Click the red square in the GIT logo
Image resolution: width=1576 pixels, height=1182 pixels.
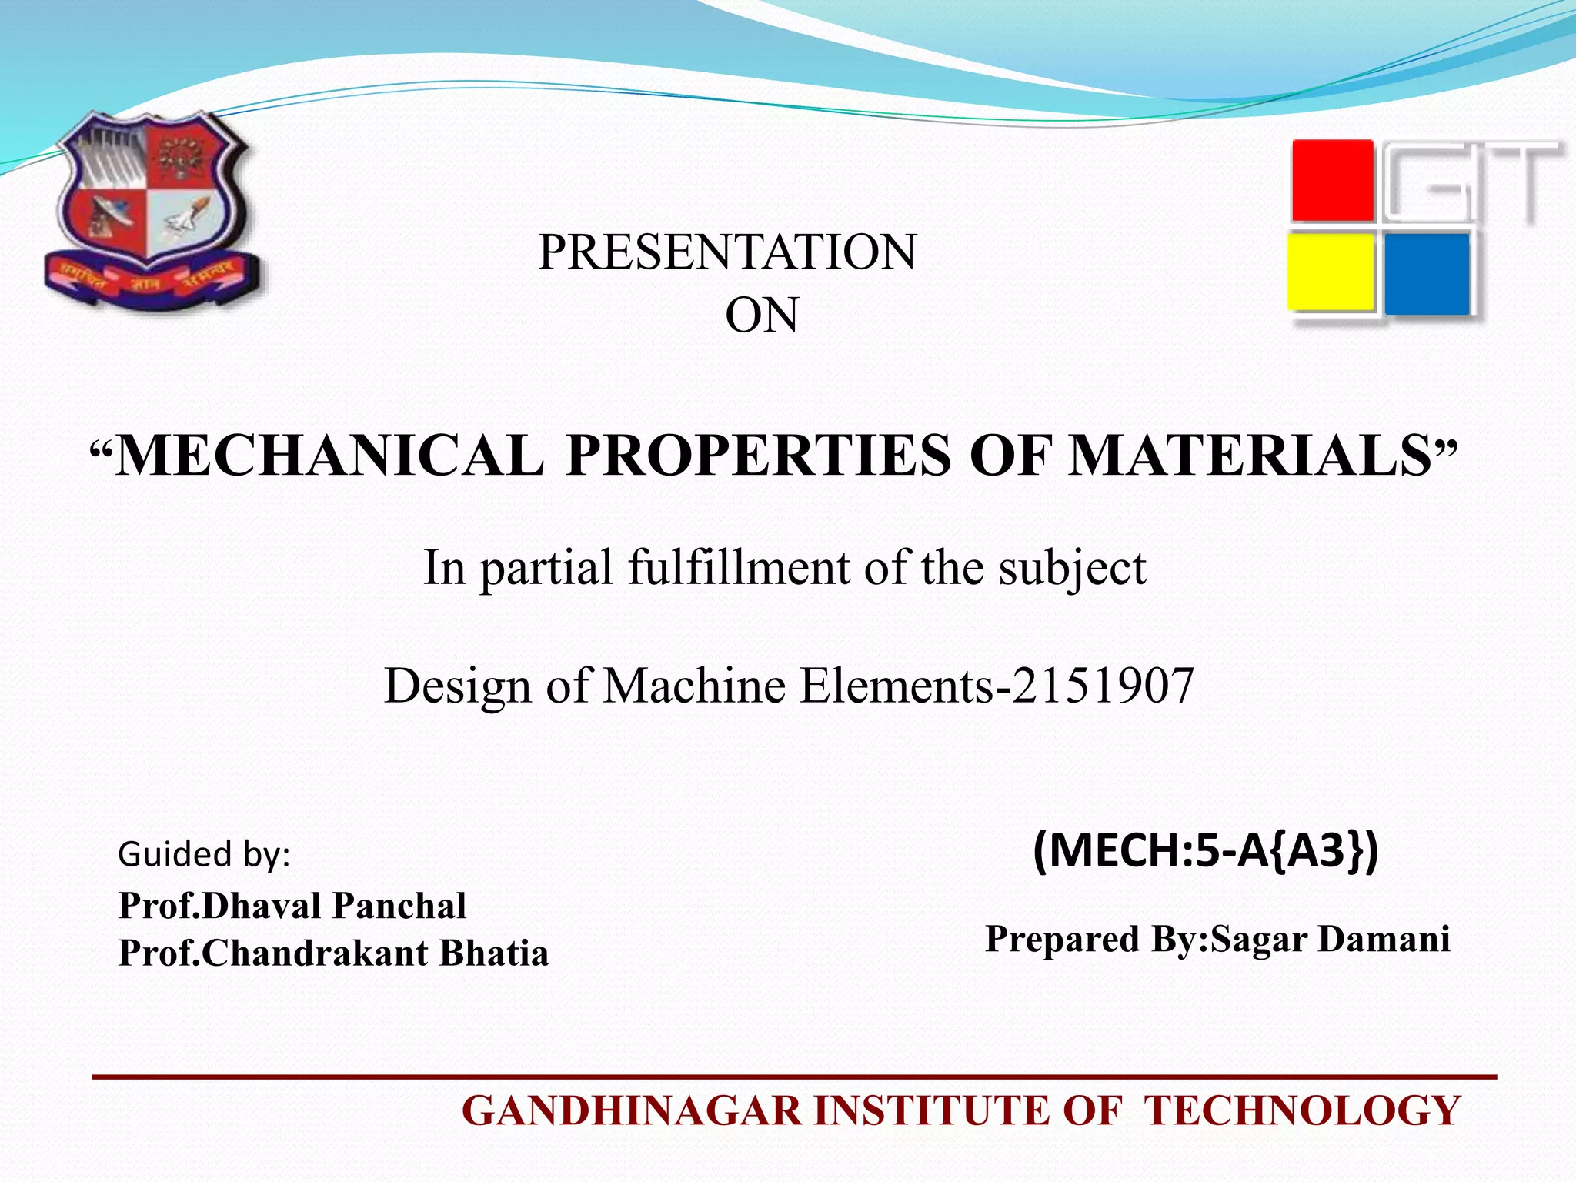coord(1332,181)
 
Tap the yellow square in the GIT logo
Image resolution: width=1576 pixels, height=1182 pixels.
coord(1331,272)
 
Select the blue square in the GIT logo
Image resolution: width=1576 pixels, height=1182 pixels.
coord(1427,274)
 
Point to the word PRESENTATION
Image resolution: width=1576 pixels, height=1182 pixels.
coord(727,252)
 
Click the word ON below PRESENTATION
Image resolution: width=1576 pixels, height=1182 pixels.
coord(762,316)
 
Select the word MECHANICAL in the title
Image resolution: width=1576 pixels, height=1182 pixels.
coord(329,456)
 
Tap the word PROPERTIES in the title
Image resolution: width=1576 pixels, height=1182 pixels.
coord(759,456)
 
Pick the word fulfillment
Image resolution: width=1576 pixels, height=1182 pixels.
coord(739,567)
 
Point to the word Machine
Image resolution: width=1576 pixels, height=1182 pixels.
coord(696,685)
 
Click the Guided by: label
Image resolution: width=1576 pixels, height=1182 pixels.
coord(204,854)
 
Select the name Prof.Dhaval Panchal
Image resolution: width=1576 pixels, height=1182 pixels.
coord(292,906)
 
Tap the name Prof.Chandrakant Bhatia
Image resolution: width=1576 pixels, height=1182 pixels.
coord(333,953)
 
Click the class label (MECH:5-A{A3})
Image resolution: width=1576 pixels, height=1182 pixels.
coord(1205,851)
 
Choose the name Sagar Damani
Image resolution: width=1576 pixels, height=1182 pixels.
coord(1331,939)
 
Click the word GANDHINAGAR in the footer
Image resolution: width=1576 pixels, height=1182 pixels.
coord(633,1111)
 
